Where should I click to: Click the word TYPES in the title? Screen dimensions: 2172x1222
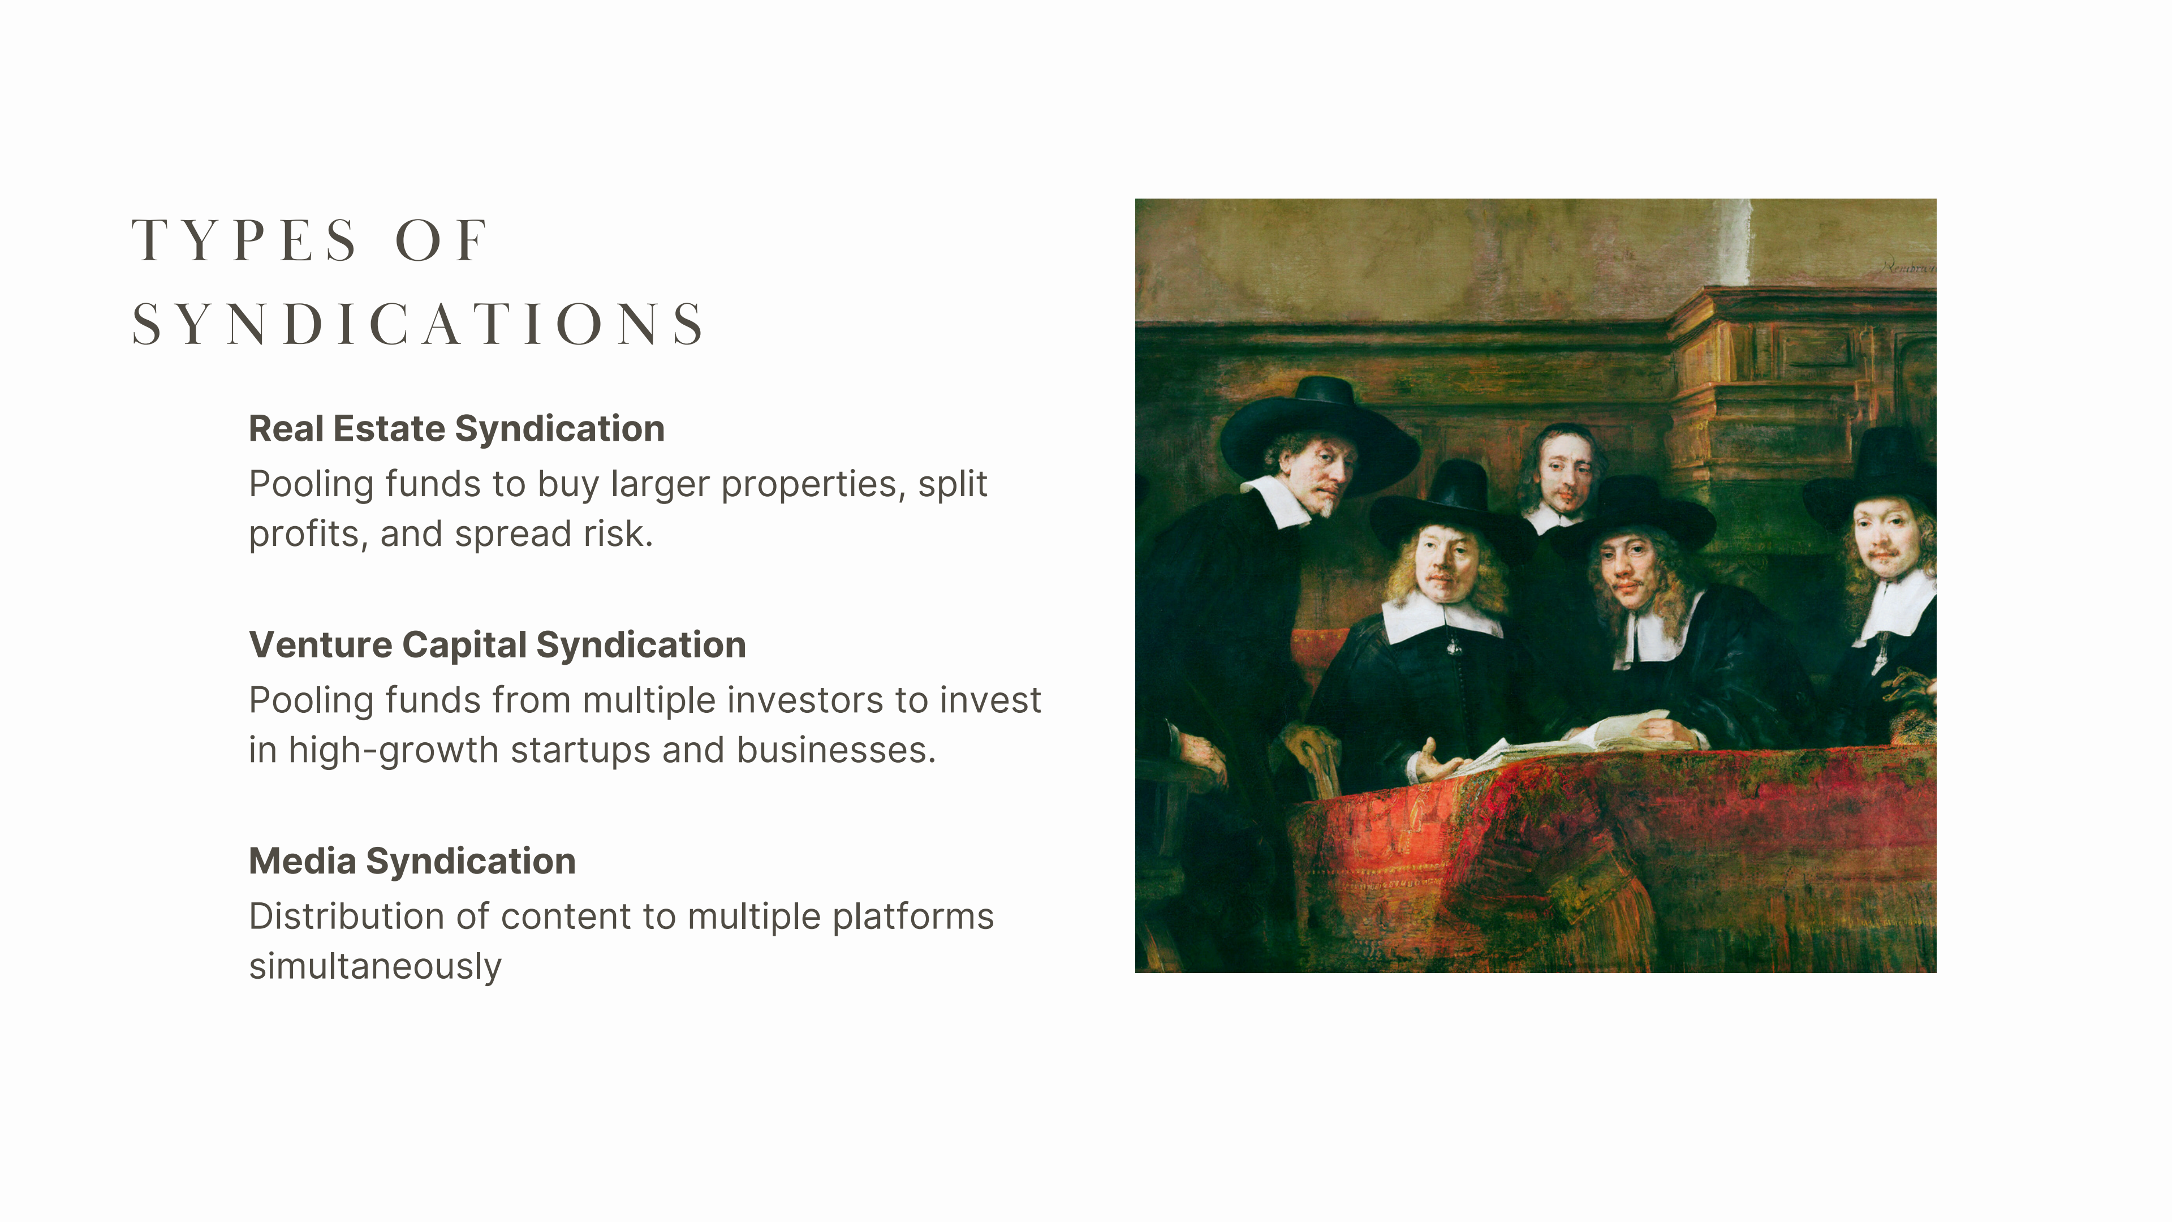point(244,240)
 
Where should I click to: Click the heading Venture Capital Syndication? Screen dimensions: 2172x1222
point(498,645)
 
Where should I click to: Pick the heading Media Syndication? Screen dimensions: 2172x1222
point(412,861)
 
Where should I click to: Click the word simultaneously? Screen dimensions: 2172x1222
point(375,966)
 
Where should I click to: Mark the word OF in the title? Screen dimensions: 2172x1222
point(441,240)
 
